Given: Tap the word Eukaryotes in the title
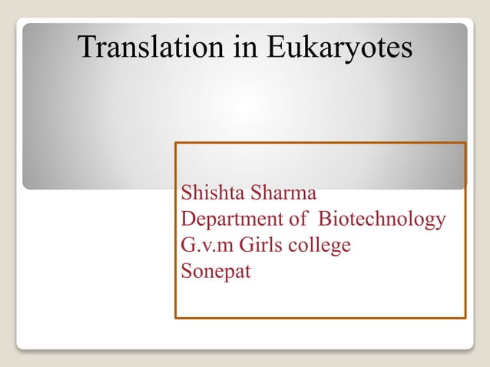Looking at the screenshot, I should pos(339,48).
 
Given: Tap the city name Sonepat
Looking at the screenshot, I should pos(215,272).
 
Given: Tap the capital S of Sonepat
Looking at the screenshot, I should pos(185,271).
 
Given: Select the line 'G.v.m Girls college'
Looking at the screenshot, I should pos(266,246).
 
